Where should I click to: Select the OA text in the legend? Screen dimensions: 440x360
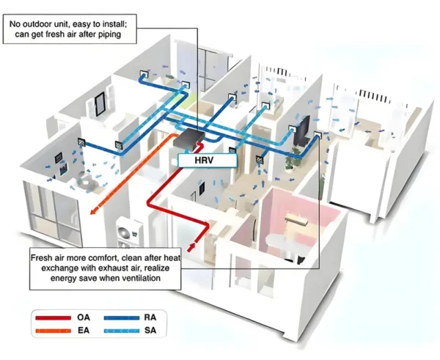(84, 317)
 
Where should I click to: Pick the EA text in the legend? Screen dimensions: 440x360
(84, 330)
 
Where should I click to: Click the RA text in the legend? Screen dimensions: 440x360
(150, 317)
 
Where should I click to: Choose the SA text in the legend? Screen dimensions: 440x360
(150, 330)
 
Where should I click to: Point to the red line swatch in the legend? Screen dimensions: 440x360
(53, 318)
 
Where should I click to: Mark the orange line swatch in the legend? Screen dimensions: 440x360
(53, 331)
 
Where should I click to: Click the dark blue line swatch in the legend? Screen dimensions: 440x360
(122, 318)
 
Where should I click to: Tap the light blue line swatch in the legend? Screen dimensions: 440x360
(122, 331)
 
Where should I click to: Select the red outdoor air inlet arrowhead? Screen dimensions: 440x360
(191, 247)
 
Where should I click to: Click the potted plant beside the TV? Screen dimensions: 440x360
(291, 160)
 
